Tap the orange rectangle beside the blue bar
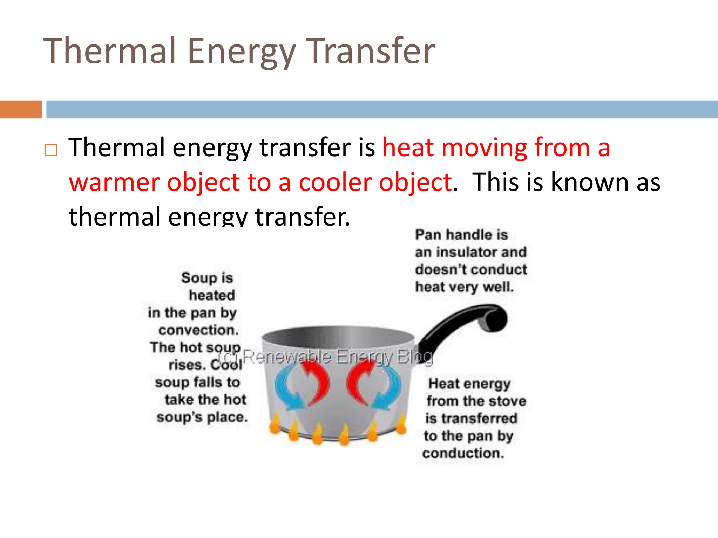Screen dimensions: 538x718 pyautogui.click(x=21, y=109)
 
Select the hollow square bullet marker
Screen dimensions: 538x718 pyautogui.click(x=51, y=150)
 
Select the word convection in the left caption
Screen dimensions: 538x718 pyautogui.click(x=198, y=330)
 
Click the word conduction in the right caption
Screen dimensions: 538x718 pyautogui.click(x=463, y=453)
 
